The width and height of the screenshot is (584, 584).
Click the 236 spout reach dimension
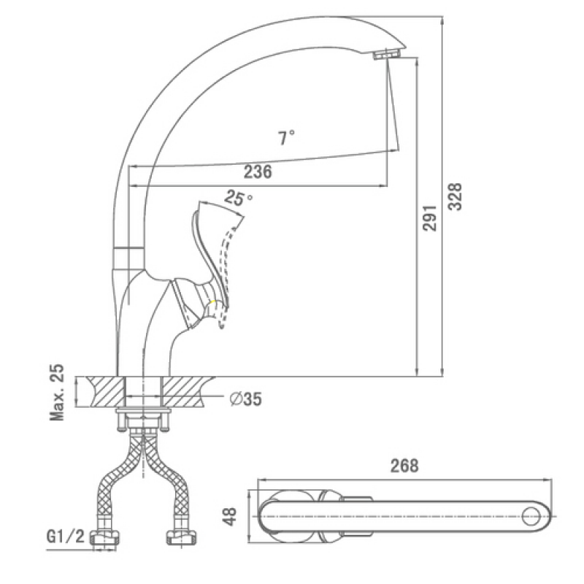point(258,172)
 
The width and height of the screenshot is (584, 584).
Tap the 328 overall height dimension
point(455,196)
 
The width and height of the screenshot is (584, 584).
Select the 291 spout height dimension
point(429,218)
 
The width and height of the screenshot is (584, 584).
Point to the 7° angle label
point(286,137)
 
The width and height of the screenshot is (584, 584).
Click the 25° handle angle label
point(238,198)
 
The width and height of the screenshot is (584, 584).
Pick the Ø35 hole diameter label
point(246,399)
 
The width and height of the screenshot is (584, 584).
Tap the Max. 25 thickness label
point(57,393)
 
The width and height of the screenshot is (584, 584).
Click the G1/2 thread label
point(66,537)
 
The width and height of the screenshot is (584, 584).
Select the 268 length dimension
point(404,466)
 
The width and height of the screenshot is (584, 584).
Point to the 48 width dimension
point(231,516)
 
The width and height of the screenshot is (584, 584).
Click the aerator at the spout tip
point(387,53)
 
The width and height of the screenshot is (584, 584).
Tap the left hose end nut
point(105,537)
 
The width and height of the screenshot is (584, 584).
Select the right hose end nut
point(181,537)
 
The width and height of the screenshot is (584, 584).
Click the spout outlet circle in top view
point(531,516)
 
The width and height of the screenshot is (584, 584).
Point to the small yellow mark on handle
point(212,302)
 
